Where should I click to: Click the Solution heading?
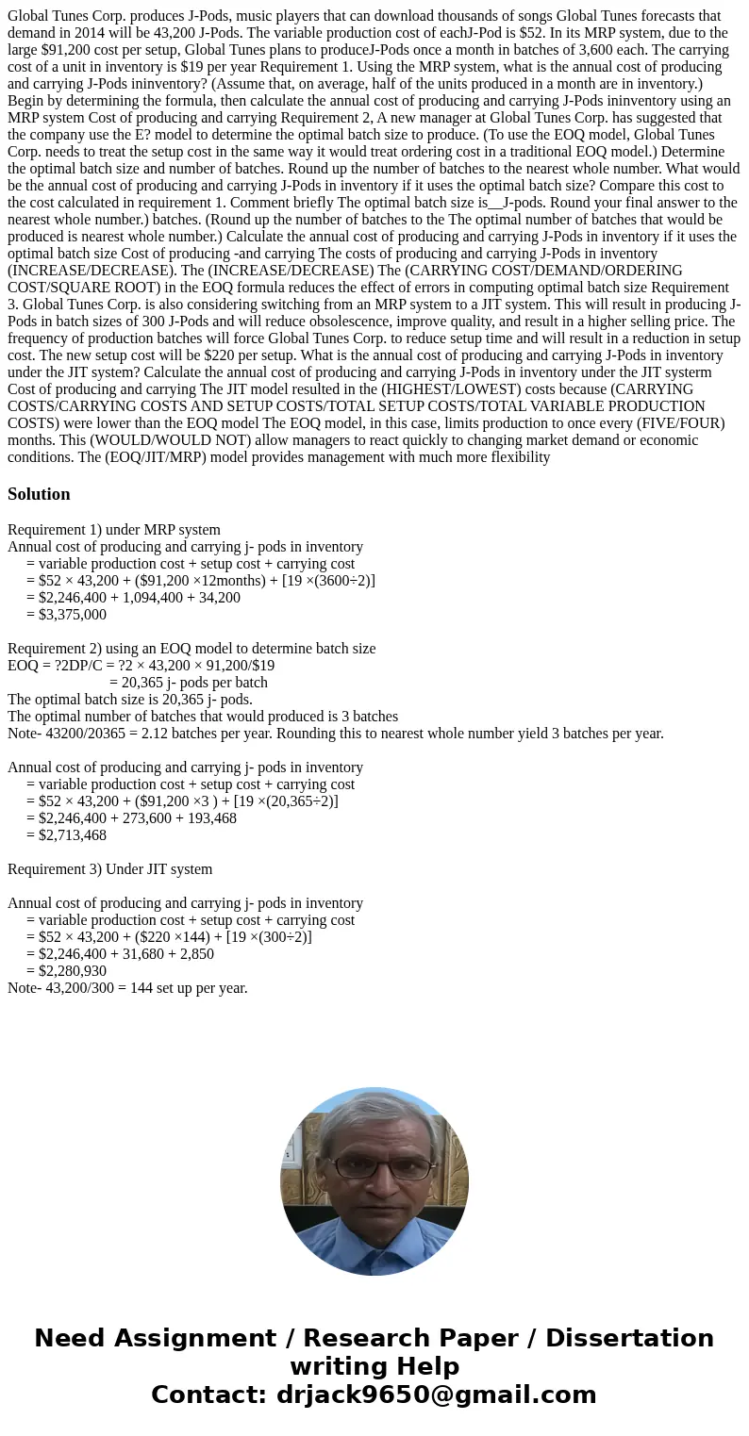39,494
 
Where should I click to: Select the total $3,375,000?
73,615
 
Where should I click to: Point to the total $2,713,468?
73,835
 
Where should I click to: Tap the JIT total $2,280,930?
73,971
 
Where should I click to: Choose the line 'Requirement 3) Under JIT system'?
109,869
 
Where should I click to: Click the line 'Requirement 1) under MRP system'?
113,530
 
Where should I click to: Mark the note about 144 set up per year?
127,988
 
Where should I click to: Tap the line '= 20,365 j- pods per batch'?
189,683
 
